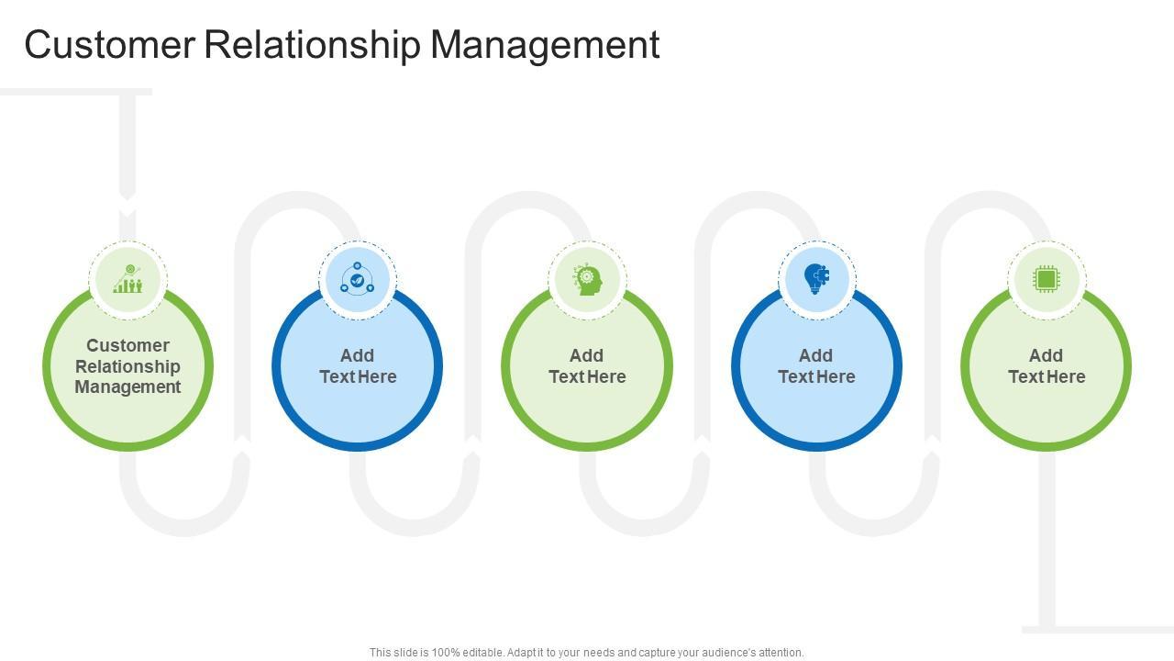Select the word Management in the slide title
(x=545, y=44)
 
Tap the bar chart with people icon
(x=127, y=279)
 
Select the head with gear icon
(x=587, y=279)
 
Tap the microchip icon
(x=1046, y=279)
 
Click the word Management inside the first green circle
(x=127, y=387)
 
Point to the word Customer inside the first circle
(x=127, y=345)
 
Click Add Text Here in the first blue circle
(x=358, y=365)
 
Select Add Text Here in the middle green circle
(x=587, y=365)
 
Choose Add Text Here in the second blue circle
(x=816, y=365)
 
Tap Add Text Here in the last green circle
(x=1047, y=365)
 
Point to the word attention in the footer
(x=781, y=653)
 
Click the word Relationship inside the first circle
(x=127, y=366)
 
